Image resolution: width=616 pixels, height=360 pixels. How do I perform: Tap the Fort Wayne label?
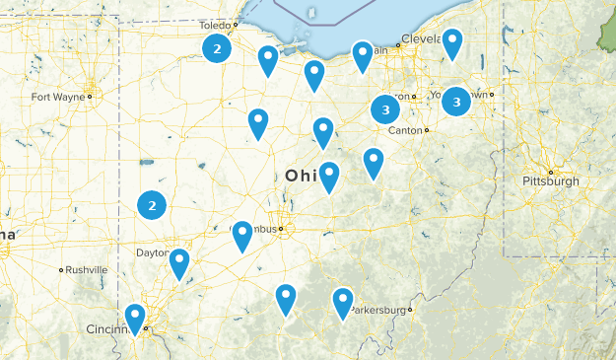pos(57,97)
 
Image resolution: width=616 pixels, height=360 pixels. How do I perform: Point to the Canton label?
pos(404,130)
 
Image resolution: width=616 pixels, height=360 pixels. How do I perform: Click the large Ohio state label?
pos(303,176)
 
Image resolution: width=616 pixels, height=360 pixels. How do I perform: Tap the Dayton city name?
pos(153,253)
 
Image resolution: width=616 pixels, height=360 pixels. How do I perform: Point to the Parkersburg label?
pos(378,309)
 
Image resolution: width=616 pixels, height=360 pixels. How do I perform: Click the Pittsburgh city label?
pos(550,181)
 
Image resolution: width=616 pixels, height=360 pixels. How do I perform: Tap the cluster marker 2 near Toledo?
pos(218,48)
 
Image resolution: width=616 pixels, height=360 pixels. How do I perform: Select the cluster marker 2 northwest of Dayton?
pos(152,205)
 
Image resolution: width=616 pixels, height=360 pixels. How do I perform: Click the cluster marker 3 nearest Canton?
pos(385,108)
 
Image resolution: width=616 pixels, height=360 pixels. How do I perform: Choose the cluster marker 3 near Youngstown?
pos(456,101)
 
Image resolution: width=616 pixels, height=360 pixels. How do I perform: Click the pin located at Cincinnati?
pos(135,318)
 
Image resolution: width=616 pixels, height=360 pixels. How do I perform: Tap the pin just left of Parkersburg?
pos(342,301)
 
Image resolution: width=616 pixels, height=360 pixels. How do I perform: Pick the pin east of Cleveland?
pos(451,42)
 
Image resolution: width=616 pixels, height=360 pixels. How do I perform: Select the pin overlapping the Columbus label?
pos(242,235)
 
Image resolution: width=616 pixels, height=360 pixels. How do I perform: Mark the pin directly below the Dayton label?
pos(179,262)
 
